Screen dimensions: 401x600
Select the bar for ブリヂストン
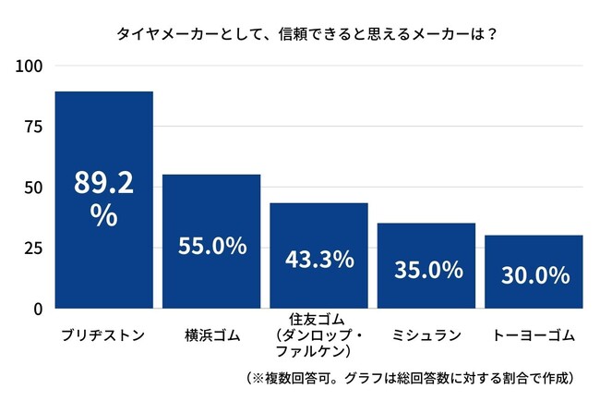(x=103, y=139)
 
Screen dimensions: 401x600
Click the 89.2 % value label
(x=103, y=199)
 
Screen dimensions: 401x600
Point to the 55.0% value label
(x=211, y=246)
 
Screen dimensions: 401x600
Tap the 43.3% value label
(x=318, y=259)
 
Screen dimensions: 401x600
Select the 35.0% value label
(x=426, y=270)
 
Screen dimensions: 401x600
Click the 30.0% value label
(x=534, y=276)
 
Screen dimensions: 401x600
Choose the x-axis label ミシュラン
(x=426, y=334)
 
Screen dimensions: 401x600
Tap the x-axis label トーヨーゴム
(x=534, y=334)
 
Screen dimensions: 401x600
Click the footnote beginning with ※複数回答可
(x=411, y=378)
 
